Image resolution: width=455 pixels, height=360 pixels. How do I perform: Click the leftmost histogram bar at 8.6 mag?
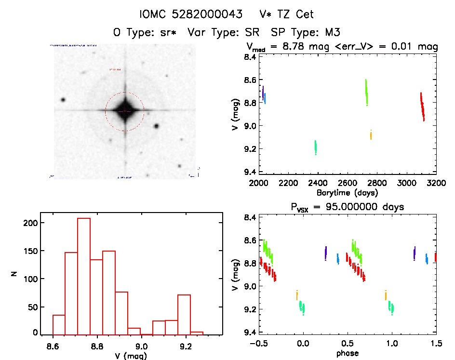point(59,324)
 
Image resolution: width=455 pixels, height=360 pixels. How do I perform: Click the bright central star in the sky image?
point(125,111)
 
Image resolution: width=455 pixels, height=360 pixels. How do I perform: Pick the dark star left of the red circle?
point(63,100)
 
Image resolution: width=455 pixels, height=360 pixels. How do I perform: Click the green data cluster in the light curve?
point(366,92)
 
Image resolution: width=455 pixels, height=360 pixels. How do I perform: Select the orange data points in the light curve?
point(371,135)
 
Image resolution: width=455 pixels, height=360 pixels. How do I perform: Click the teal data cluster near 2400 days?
point(316,147)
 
